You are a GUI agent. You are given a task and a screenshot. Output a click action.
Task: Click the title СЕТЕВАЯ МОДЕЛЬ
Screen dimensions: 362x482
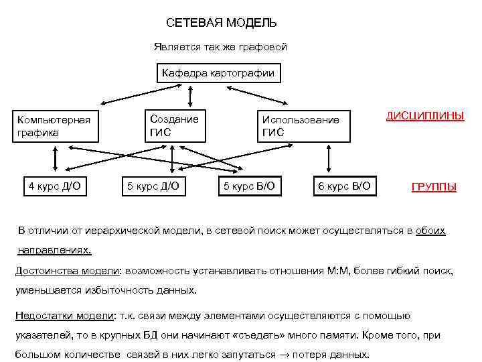pos(221,23)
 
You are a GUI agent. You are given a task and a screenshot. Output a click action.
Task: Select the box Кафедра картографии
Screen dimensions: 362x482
pos(218,72)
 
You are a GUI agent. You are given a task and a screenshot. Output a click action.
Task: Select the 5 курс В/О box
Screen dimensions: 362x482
pos(248,186)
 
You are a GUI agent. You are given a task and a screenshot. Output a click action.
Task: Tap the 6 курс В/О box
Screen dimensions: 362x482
pos(344,186)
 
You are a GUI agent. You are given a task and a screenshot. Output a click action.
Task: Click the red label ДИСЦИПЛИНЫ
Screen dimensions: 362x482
pos(425,115)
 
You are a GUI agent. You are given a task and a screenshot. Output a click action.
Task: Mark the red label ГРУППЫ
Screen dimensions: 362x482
pos(434,187)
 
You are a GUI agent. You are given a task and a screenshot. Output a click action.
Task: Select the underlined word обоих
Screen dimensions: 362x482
pos(430,231)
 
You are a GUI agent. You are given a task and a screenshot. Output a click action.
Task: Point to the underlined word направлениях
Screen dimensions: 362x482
pos(54,249)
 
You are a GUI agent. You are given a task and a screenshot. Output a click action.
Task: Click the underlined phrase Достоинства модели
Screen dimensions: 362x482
pos(67,270)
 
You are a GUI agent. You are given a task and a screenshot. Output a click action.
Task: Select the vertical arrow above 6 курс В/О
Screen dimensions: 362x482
pos(328,161)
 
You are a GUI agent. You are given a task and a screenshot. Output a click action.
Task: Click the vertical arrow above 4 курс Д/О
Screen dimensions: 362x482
pos(55,161)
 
